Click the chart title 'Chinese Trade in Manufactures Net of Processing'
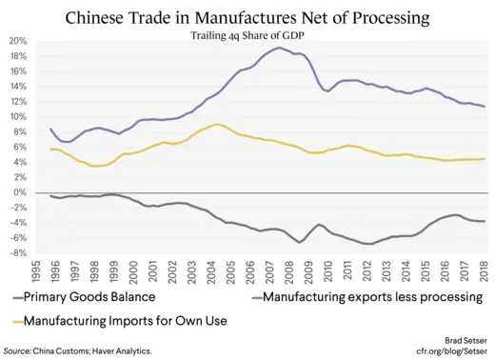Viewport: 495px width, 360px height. (x=247, y=17)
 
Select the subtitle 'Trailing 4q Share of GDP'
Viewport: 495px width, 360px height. (x=247, y=35)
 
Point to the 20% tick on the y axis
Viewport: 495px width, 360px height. (x=19, y=41)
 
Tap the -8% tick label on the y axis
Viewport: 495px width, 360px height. (x=19, y=253)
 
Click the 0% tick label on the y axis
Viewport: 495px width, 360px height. (x=21, y=192)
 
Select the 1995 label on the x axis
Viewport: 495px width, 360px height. (x=35, y=272)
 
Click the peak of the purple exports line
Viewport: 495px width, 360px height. (x=279, y=48)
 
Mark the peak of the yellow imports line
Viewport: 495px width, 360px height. (x=217, y=124)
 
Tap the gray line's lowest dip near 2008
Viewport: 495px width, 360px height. (x=300, y=242)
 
